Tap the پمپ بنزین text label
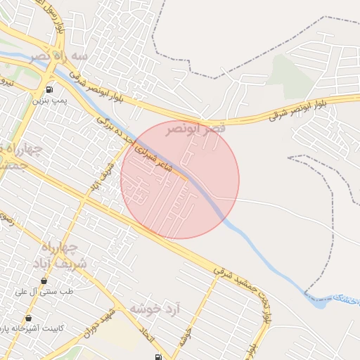coord(49,101)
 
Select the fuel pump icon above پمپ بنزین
coord(49,89)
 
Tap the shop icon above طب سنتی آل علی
coord(44,280)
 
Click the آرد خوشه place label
coord(156,309)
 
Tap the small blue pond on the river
coord(318,303)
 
